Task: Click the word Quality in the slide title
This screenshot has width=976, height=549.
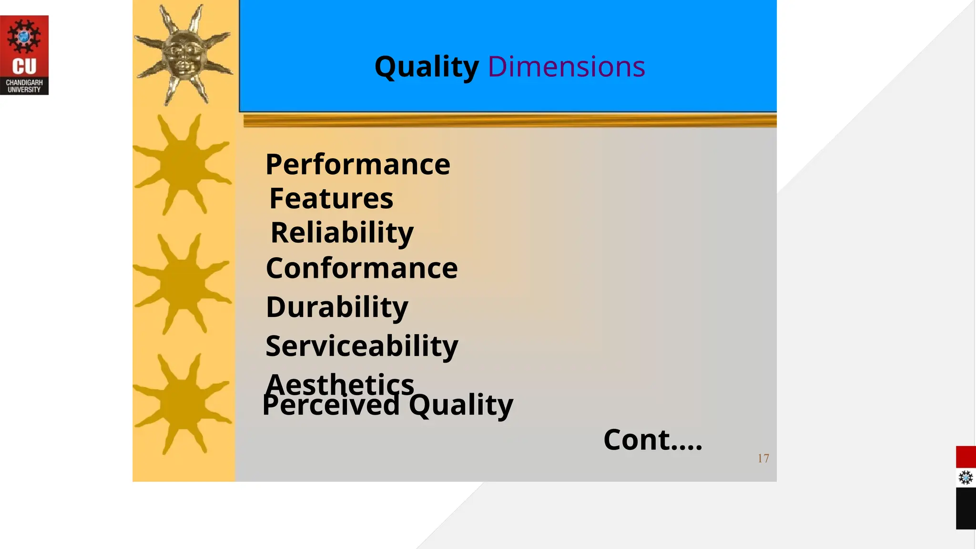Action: pyautogui.click(x=427, y=67)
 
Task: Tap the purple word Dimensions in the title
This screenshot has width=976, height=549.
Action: pyautogui.click(x=566, y=67)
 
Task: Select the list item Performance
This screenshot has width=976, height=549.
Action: pyautogui.click(x=357, y=165)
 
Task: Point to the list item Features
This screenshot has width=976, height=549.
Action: pyautogui.click(x=331, y=199)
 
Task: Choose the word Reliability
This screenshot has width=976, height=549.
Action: pyautogui.click(x=342, y=233)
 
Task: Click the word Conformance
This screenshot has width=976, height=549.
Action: pyautogui.click(x=362, y=268)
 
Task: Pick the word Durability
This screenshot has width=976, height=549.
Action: pyautogui.click(x=337, y=307)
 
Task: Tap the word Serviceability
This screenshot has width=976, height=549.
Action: pyautogui.click(x=362, y=346)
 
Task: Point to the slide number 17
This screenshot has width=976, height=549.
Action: pyautogui.click(x=763, y=458)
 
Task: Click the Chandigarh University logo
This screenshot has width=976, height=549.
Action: pyautogui.click(x=24, y=55)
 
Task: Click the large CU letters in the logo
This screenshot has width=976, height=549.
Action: pyautogui.click(x=24, y=66)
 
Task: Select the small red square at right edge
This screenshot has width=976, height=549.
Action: pyautogui.click(x=966, y=457)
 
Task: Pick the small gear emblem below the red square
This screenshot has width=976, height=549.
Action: pyautogui.click(x=966, y=478)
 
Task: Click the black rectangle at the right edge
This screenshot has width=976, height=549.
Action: pyautogui.click(x=966, y=508)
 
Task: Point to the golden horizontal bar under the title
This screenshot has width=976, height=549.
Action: pyautogui.click(x=510, y=121)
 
